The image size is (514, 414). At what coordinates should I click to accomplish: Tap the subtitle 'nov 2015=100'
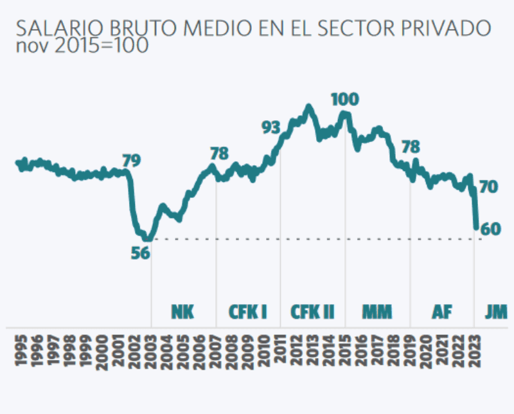(82, 46)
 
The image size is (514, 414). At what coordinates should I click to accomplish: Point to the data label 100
(344, 100)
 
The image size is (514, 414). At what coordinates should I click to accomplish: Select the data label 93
(272, 127)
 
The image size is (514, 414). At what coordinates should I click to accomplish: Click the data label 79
(131, 161)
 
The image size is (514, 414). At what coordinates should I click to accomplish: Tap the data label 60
(490, 229)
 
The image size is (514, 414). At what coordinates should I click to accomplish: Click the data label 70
(488, 187)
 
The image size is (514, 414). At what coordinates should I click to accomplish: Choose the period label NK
(182, 312)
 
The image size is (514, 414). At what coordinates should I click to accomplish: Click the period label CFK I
(248, 312)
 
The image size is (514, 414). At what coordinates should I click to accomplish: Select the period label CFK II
(312, 312)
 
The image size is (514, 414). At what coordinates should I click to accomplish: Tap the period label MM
(377, 312)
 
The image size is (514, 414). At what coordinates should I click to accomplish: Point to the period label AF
(441, 312)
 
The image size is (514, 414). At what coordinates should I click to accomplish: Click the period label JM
(495, 312)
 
